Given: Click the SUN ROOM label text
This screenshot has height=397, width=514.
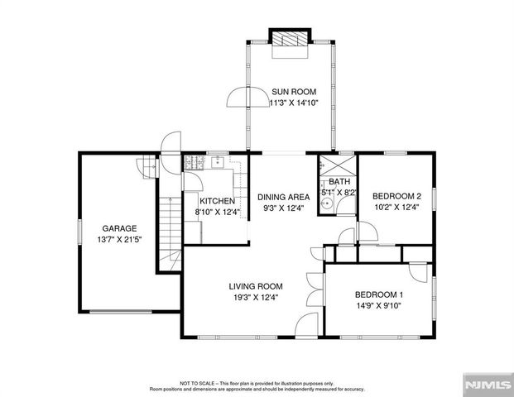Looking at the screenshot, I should point(294,92).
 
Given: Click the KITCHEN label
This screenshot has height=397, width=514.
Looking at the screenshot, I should point(217,201).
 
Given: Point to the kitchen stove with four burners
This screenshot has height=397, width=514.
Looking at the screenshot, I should point(193,164).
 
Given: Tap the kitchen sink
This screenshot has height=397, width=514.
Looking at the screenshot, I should point(220,161).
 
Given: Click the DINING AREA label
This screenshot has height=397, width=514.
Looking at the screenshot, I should point(283,197).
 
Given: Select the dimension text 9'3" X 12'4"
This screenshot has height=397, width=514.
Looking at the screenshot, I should point(283,208).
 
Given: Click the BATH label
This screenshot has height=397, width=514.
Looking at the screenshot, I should point(339,182).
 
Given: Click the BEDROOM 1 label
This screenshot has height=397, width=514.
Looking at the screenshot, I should point(378,295).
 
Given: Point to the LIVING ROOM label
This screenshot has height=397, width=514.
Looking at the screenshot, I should point(253,287).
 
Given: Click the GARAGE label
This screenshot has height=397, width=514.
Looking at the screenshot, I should point(119,228).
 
